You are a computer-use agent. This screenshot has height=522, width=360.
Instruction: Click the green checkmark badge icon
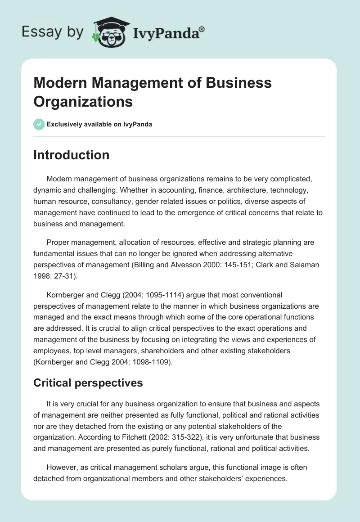pos(39,124)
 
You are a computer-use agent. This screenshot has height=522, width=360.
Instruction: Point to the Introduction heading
pos(71,155)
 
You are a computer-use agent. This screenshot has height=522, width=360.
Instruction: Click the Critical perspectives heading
pos(88,382)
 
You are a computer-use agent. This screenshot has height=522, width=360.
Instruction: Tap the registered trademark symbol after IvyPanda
pos(202,29)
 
